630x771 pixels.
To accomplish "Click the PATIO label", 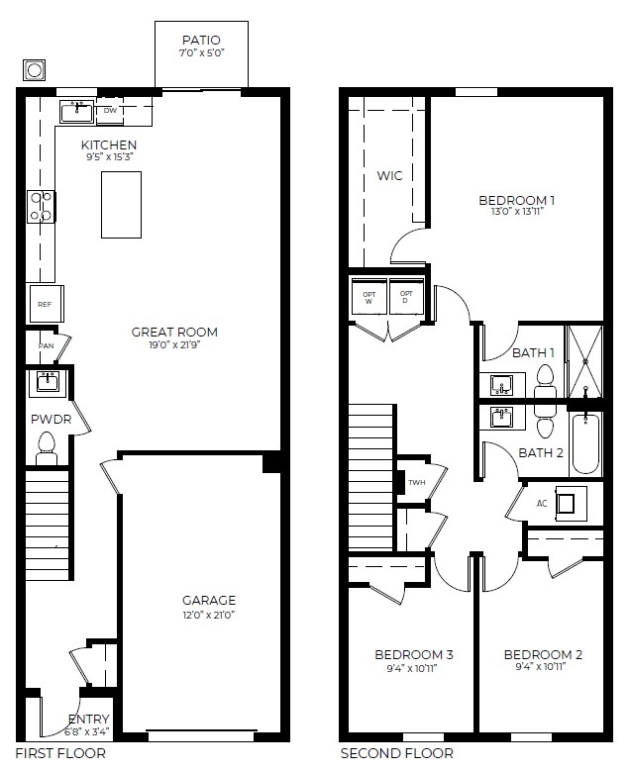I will [201, 40].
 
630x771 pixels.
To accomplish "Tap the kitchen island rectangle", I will [121, 204].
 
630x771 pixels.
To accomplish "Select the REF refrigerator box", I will [45, 304].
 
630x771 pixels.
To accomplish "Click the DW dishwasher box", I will [110, 112].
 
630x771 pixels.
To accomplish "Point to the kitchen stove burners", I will [41, 206].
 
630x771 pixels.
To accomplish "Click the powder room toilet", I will [45, 452].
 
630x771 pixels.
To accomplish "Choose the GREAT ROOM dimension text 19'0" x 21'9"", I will [174, 346].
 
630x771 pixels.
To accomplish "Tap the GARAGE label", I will [208, 600].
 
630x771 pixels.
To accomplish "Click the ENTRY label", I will [88, 720].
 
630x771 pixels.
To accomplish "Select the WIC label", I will [388, 176].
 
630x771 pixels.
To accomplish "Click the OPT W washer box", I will [369, 297].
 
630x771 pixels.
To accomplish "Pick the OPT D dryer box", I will [404, 297].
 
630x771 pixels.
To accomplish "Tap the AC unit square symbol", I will [568, 504].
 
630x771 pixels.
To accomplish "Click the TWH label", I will [415, 483].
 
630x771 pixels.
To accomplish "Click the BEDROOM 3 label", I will [413, 654].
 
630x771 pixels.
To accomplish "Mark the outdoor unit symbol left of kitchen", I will [35, 70].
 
